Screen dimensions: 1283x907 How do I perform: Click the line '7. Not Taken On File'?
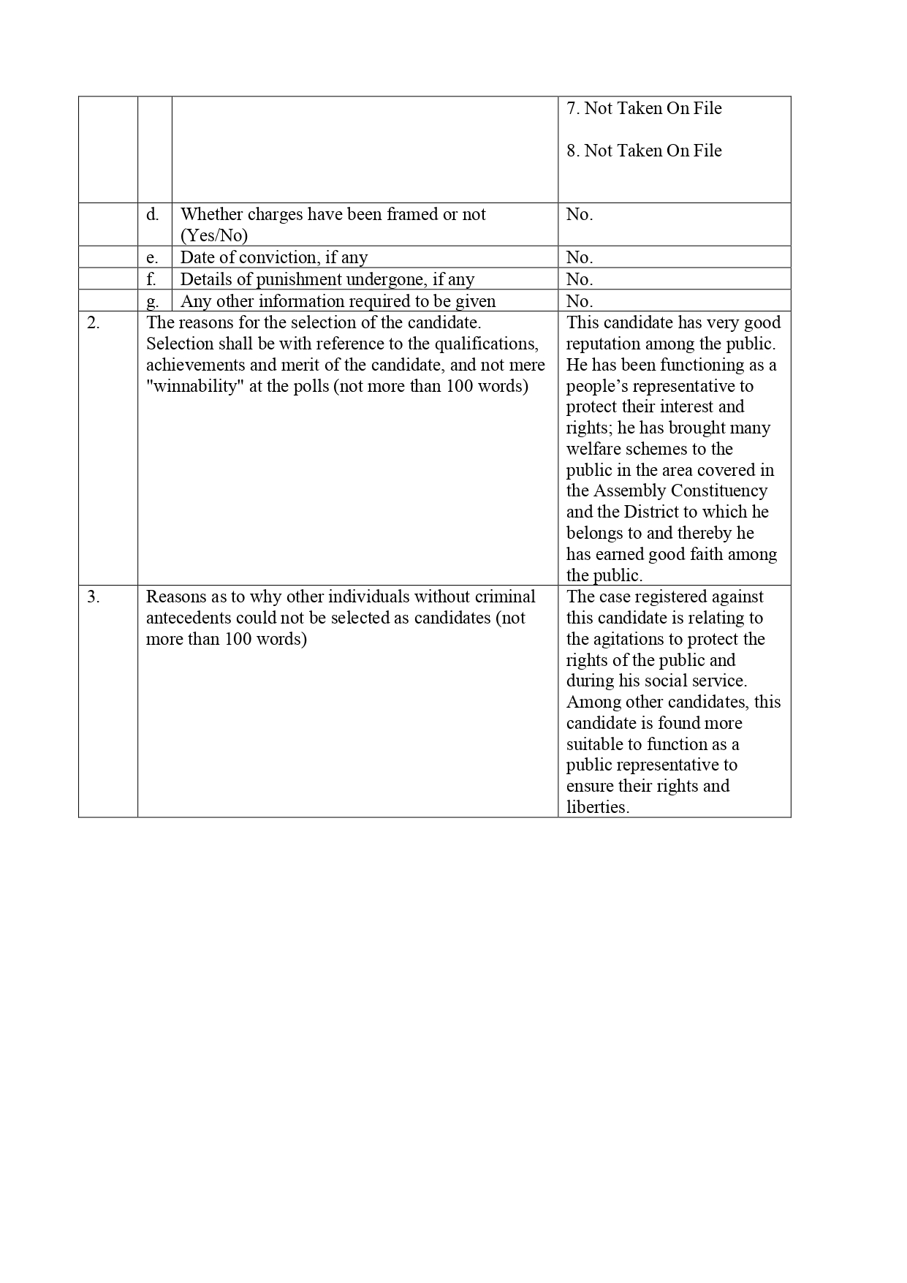point(644,108)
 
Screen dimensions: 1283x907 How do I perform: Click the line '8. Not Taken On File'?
point(644,151)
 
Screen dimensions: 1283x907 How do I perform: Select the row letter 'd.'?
point(153,214)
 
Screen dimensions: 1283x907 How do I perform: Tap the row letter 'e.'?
point(152,257)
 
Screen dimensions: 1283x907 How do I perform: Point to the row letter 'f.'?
point(151,279)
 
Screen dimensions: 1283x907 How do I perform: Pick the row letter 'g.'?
point(152,301)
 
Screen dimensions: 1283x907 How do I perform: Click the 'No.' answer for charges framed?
point(580,214)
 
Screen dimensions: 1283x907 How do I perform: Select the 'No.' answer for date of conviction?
point(580,257)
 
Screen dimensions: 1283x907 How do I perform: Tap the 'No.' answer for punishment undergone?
point(580,279)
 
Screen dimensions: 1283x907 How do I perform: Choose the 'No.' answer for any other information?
point(580,301)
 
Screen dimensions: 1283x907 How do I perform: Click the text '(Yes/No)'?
point(214,235)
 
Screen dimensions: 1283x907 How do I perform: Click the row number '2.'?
point(94,322)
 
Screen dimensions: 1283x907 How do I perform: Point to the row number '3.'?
point(94,597)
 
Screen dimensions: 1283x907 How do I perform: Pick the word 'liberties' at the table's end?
point(596,807)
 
